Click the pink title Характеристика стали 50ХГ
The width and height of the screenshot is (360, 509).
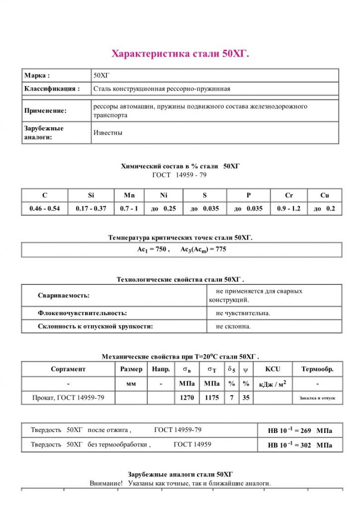coord(180,53)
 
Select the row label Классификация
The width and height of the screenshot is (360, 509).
coord(52,89)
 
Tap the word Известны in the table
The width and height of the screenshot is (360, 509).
coord(108,133)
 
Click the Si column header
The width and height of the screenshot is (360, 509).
coord(90,195)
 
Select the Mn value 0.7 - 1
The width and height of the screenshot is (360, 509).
coord(130,209)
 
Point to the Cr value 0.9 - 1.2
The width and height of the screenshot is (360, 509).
coord(288,209)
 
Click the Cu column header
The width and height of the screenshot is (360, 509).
coord(324,195)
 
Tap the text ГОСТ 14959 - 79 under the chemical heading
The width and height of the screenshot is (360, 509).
coord(180,175)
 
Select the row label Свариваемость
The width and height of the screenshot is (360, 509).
coord(64,295)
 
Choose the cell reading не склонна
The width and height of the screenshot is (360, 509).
coord(233,327)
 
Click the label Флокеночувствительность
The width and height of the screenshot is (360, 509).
coord(82,313)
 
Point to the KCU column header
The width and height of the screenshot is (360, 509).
coord(272,369)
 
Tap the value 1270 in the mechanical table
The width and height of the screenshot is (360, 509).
coord(186,398)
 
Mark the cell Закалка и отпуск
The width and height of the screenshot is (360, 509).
coord(317,399)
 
